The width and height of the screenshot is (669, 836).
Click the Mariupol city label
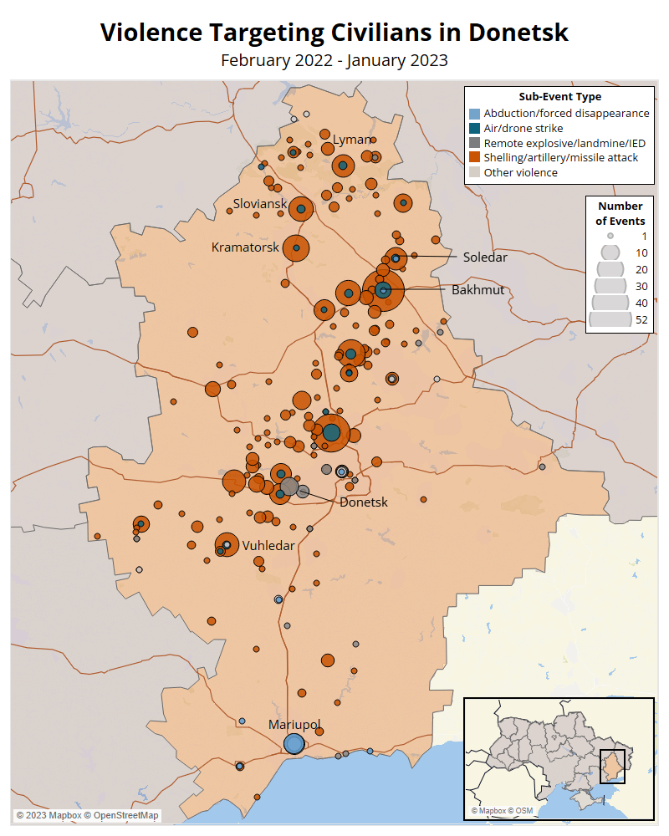pyautogui.click(x=294, y=725)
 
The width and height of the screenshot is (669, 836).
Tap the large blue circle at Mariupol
pyautogui.click(x=294, y=743)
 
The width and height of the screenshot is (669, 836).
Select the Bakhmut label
pyautogui.click(x=478, y=290)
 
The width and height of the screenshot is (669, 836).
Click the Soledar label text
pyautogui.click(x=485, y=257)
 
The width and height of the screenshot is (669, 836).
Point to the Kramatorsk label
pyautogui.click(x=245, y=247)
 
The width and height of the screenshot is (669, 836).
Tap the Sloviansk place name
pyautogui.click(x=260, y=204)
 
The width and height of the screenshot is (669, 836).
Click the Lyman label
pyautogui.click(x=352, y=139)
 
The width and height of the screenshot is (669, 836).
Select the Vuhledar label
pyautogui.click(x=268, y=545)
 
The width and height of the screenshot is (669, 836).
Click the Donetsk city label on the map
pyautogui.click(x=364, y=502)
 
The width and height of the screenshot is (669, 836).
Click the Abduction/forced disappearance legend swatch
pyautogui.click(x=474, y=114)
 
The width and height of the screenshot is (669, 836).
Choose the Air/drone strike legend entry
pyautogui.click(x=523, y=128)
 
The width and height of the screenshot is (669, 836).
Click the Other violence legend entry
pyautogui.click(x=520, y=172)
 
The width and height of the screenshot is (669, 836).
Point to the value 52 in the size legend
pyautogui.click(x=641, y=319)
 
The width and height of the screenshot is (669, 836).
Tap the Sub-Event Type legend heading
pyautogui.click(x=559, y=97)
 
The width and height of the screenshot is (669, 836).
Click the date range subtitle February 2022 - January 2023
pyautogui.click(x=334, y=60)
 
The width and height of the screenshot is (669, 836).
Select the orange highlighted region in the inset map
pyautogui.click(x=612, y=766)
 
